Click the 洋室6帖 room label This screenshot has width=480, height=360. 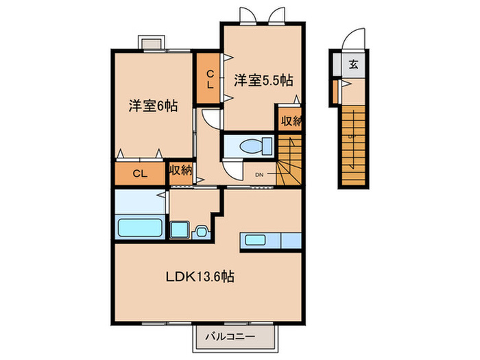click(x=152, y=106)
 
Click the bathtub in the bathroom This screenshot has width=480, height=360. click(x=141, y=227)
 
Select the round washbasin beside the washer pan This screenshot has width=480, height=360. click(x=202, y=231)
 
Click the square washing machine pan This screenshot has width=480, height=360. click(x=181, y=230)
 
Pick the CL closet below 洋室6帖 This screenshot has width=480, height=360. click(x=140, y=174)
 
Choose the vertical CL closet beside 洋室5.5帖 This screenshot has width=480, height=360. click(x=209, y=79)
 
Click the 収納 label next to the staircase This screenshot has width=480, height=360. click(x=290, y=121)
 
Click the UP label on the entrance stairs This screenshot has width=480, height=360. click(x=351, y=135)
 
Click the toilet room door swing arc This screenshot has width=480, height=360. click(x=232, y=169)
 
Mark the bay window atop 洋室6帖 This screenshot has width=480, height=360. click(x=152, y=43)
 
